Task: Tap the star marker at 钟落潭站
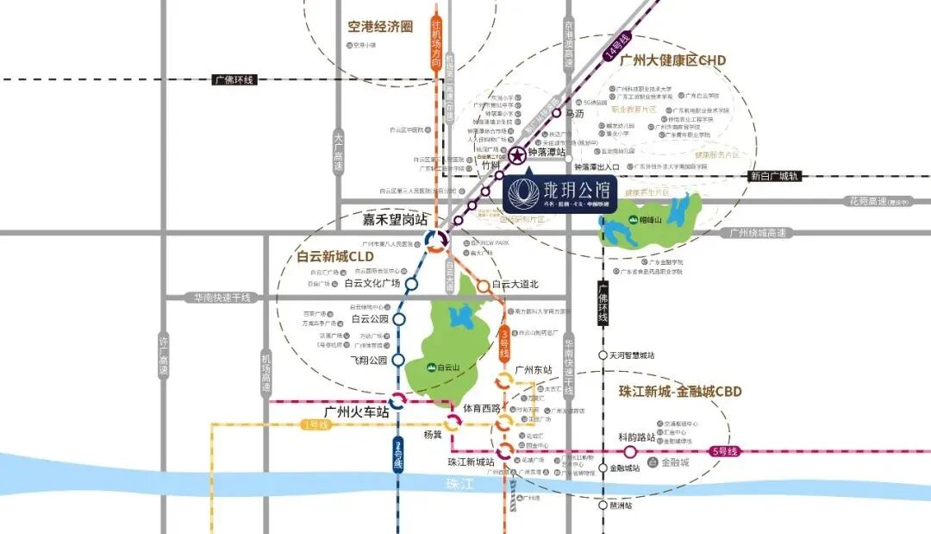[x=516, y=156]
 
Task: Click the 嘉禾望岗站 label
[x=395, y=220]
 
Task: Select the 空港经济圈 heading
[x=380, y=27]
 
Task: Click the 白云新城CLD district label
[x=335, y=256]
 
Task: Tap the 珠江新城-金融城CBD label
[x=680, y=391]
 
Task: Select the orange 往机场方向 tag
[x=436, y=43]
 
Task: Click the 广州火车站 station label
[x=357, y=412]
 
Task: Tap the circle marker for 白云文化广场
[x=411, y=283]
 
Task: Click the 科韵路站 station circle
[x=630, y=451]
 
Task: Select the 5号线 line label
[x=726, y=451]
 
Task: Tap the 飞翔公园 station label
[x=369, y=361]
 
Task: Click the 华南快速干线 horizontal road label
[x=222, y=298]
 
